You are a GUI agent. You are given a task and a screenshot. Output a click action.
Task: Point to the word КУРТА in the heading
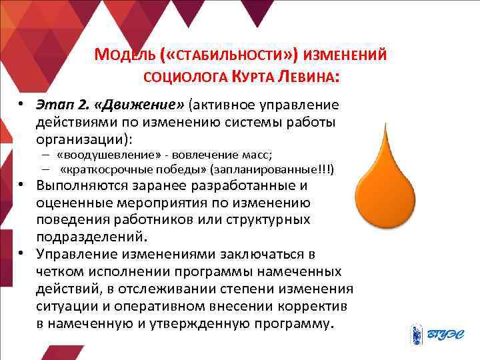pos(257,77)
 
